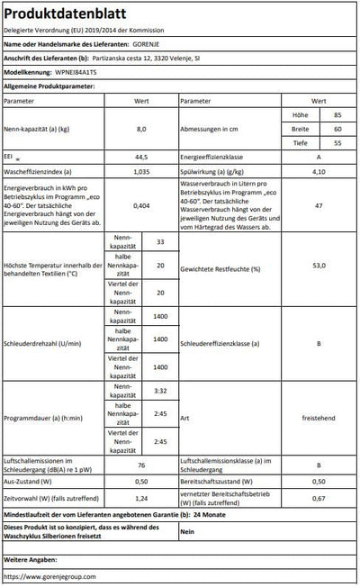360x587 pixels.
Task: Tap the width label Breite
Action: coord(300,130)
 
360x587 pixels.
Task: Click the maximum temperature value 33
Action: coord(160,243)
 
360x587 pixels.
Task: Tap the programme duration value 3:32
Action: coord(160,392)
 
